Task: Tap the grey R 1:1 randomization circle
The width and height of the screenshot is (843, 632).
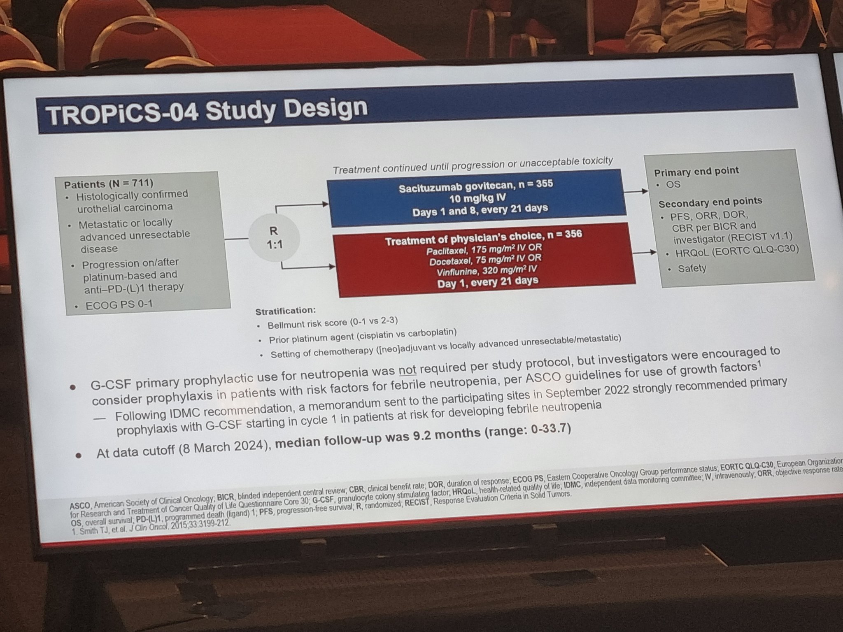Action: point(274,238)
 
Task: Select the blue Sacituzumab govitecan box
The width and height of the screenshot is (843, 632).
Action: point(477,198)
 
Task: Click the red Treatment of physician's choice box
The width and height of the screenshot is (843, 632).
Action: point(484,259)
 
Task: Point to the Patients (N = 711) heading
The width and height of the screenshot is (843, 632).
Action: point(109,184)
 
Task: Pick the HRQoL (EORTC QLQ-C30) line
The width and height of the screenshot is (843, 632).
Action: point(733,251)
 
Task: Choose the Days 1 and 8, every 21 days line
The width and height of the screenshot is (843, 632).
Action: point(480,211)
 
